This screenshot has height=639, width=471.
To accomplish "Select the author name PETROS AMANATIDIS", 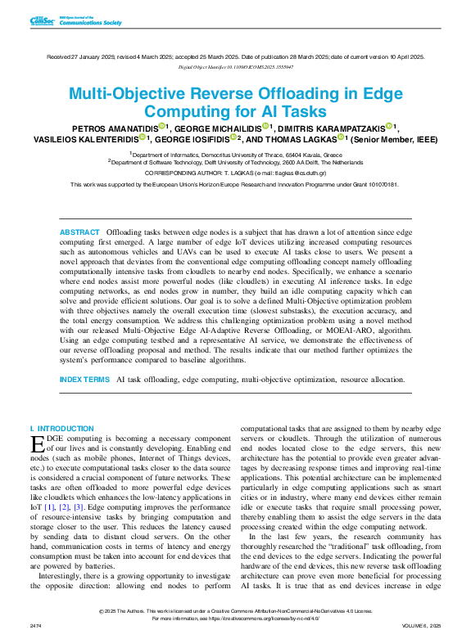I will pos(115,128).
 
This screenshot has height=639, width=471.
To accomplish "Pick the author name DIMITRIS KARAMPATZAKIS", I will pos(334,128).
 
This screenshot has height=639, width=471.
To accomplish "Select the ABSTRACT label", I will pos(79,233).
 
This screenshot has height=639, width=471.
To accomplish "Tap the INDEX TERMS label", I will pos(84,380).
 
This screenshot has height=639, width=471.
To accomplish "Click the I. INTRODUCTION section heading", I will pos(61,429).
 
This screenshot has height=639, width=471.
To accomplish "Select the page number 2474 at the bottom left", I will pos(35,626).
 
